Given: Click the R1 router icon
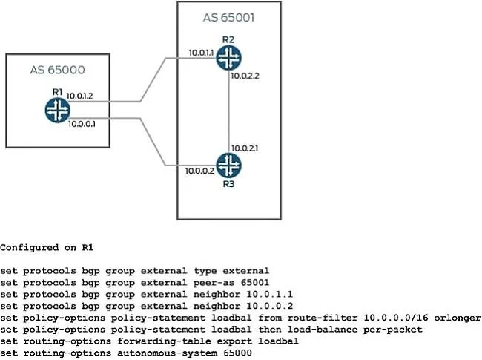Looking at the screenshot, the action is [58, 110].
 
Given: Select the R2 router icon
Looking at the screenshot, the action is [228, 58].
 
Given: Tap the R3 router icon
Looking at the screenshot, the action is [228, 166].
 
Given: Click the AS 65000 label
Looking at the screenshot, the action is [58, 70].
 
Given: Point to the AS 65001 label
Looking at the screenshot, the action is [228, 18].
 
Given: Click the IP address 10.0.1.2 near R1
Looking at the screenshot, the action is [79, 96].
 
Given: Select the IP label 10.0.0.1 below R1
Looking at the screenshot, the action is [82, 124].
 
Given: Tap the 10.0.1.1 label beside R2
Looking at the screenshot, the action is [201, 53].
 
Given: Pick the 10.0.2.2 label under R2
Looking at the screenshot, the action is [245, 76].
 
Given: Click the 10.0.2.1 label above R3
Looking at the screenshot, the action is [245, 148].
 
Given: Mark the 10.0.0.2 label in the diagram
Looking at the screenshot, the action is [199, 171].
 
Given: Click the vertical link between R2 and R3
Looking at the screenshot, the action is [228, 111].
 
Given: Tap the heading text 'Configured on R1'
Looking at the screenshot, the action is [47, 248].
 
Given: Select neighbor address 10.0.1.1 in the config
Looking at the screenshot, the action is [270, 295].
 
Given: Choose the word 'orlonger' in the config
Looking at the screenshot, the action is [458, 318].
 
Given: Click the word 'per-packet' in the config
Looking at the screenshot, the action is [393, 330].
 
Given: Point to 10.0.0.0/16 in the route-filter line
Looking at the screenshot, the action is [396, 318].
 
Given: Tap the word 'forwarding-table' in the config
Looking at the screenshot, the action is [165, 341].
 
